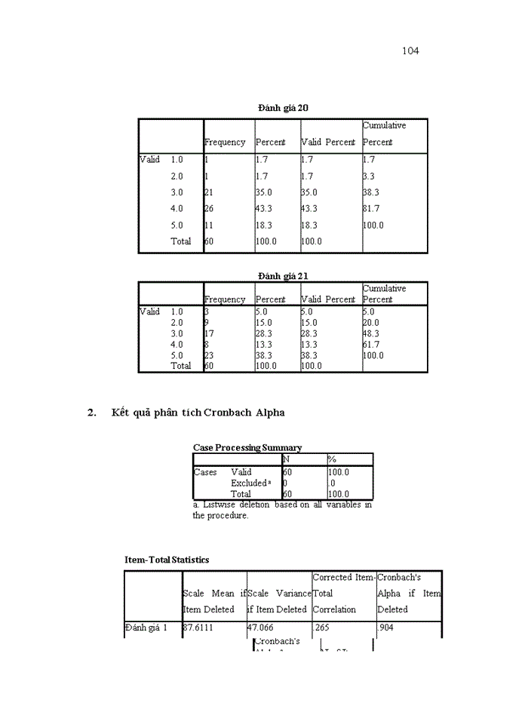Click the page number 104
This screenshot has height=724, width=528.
[410, 51]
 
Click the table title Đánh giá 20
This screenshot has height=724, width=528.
[283, 108]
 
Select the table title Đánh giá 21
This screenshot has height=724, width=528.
[283, 276]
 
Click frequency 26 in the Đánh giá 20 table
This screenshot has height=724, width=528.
[209, 209]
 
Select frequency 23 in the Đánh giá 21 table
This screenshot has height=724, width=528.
[209, 355]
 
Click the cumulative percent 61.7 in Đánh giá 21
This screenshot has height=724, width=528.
[371, 345]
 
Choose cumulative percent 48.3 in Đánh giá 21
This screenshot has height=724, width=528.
[371, 333]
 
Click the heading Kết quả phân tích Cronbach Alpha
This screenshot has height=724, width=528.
[198, 413]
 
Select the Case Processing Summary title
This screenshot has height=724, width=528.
[247, 448]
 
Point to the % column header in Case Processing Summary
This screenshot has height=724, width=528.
[331, 459]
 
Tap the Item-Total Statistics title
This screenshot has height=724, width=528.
[167, 560]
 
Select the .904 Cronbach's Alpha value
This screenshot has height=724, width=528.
[385, 627]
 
